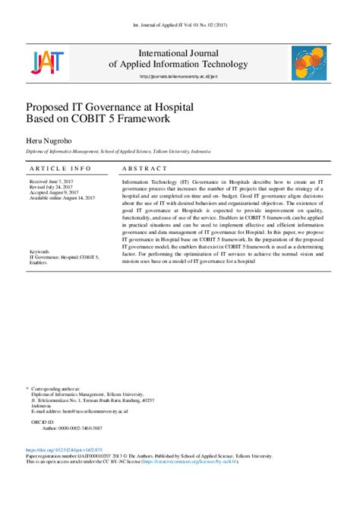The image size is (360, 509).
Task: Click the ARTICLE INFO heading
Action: pos(61,168)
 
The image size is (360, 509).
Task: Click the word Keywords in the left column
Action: pos(39,251)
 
